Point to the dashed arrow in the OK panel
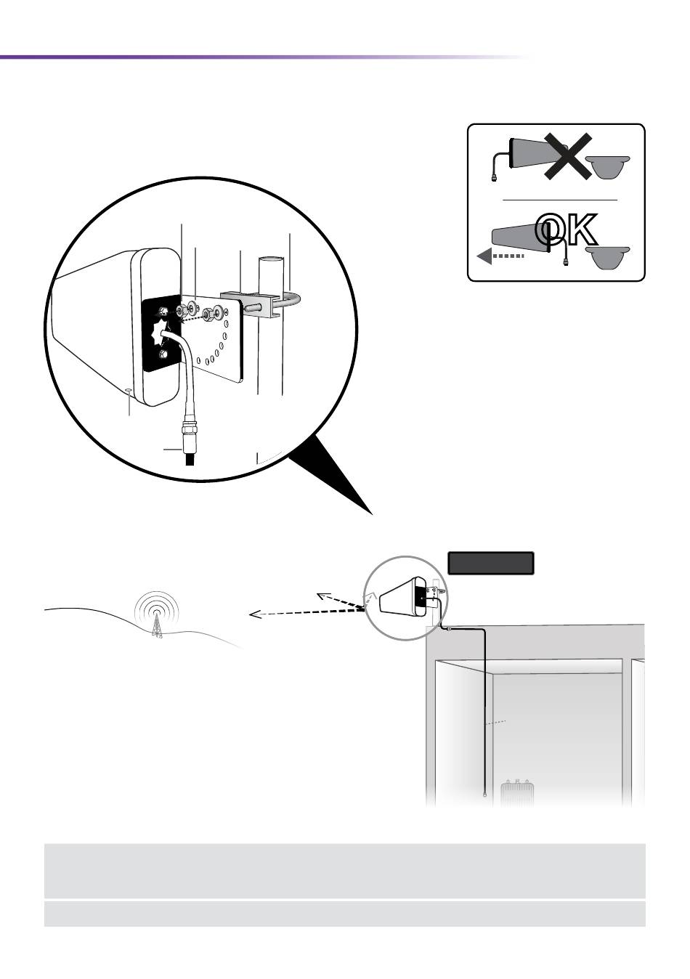tap(501, 256)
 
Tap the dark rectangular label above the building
tap(491, 563)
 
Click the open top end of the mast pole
tap(271, 259)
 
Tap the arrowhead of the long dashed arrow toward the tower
tap(253, 615)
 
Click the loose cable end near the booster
tap(484, 795)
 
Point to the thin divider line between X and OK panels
tap(559, 199)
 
